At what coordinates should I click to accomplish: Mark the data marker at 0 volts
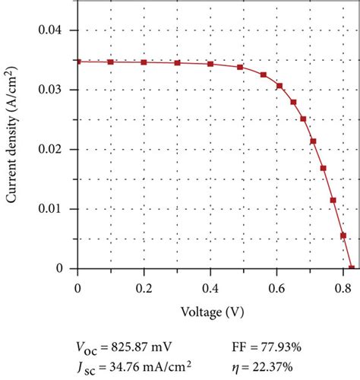pos(77,62)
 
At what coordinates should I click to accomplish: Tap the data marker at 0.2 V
pos(144,62)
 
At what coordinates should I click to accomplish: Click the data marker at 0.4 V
pos(210,64)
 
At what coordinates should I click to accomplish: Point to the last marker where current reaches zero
pos(351,268)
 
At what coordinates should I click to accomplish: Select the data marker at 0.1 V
pos(110,62)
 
